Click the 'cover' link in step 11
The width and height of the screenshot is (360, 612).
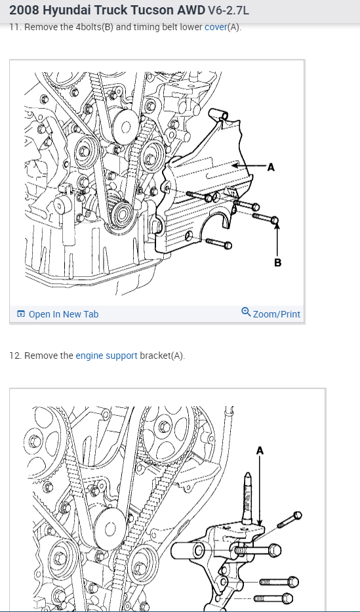216,28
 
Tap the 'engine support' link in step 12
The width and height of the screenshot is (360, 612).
106,356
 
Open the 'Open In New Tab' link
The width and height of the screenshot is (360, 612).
64,314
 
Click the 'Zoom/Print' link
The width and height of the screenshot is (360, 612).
277,314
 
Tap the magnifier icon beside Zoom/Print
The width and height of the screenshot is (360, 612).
246,312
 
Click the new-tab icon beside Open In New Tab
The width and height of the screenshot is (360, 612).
21,314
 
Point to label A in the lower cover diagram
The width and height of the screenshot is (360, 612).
271,167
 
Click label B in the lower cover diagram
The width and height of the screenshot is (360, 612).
277,262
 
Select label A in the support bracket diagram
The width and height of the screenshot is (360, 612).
260,451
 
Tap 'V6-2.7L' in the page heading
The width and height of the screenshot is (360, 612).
228,10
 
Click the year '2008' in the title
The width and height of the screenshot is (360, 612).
24,10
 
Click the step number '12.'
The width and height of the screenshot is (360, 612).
15,356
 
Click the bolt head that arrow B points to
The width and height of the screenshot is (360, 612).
274,220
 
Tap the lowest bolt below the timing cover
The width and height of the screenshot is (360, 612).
218,243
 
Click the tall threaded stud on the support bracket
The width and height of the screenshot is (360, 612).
248,498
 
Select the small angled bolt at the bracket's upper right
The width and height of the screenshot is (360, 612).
289,520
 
